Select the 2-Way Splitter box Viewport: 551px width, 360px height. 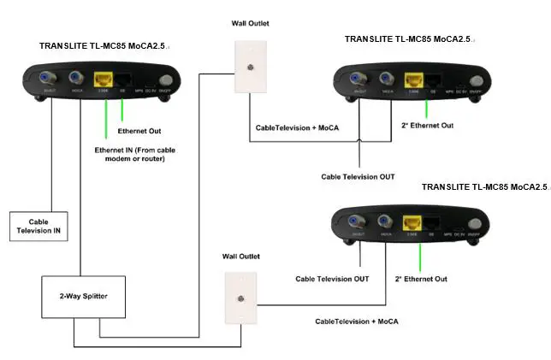pos(74,295)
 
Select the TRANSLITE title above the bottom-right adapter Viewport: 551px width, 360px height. pos(483,186)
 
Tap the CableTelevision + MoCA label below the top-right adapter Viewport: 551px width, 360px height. pos(297,127)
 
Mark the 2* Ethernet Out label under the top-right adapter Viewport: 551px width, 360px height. pos(430,126)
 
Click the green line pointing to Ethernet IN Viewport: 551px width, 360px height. pos(105,120)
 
